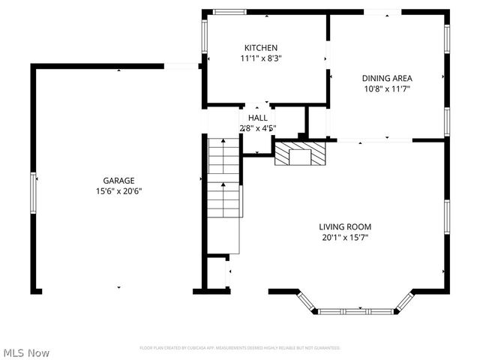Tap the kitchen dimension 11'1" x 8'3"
pyautogui.click(x=260, y=58)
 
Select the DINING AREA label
pyautogui.click(x=387, y=78)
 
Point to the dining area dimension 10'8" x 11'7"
pyautogui.click(x=387, y=88)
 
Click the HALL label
pyautogui.click(x=257, y=118)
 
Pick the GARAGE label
pyautogui.click(x=118, y=180)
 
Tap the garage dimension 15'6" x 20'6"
pyautogui.click(x=118, y=190)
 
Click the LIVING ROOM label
pyautogui.click(x=345, y=226)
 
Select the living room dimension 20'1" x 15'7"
pyautogui.click(x=345, y=237)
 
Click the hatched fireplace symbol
pyautogui.click(x=300, y=155)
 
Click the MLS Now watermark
pyautogui.click(x=27, y=352)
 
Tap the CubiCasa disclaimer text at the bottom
pyautogui.click(x=240, y=348)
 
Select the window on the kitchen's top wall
pyautogui.click(x=229, y=12)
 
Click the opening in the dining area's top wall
pyautogui.click(x=382, y=12)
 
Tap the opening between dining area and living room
pyautogui.click(x=373, y=140)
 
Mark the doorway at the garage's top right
pyautogui.click(x=181, y=66)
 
